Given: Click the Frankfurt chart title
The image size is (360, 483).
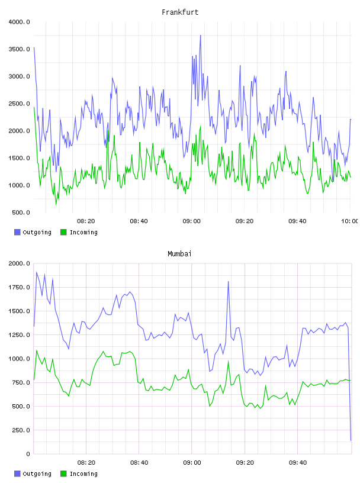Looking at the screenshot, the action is tap(180, 12).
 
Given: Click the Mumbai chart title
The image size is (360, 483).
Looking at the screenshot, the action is tap(179, 254).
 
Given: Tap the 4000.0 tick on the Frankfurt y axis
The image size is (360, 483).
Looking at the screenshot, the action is tap(19, 22).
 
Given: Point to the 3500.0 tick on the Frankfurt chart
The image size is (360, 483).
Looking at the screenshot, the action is tap(19, 49).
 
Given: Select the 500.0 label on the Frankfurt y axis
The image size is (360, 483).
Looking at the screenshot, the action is tap(21, 212).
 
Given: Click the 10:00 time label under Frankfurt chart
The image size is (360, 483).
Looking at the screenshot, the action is tap(349, 221).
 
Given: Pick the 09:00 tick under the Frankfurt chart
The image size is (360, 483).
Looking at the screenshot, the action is tap(191, 221).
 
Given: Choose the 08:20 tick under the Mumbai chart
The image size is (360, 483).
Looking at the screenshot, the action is tap(86, 463).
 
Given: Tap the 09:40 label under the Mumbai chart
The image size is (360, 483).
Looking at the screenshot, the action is tap(298, 463).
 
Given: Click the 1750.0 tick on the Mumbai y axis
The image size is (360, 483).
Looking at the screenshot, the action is tap(19, 288).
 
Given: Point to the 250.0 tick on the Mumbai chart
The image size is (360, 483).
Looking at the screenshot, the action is tap(21, 430).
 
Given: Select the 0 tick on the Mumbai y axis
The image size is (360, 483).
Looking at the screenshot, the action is tap(28, 454).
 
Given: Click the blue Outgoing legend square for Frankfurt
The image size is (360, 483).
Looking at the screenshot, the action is tap(17, 232).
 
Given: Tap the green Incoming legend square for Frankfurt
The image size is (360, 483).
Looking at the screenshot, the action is tap(63, 232).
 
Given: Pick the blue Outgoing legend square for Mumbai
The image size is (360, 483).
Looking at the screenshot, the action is tap(17, 474).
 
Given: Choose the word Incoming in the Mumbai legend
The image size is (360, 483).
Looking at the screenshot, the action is tap(83, 474).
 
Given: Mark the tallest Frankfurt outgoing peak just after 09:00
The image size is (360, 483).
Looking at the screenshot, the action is tap(200, 36).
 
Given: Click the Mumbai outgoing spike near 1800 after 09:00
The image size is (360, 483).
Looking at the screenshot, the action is tap(229, 281).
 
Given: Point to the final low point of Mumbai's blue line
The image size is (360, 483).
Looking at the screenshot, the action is tap(351, 440).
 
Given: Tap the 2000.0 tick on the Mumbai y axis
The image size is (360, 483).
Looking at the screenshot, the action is tap(19, 263).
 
